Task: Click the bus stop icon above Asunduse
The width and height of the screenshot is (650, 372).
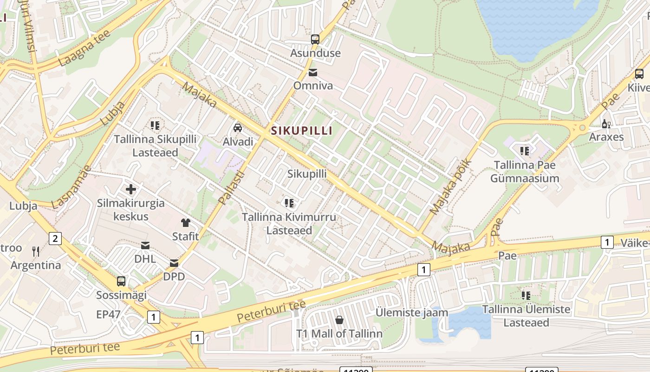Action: [315, 39]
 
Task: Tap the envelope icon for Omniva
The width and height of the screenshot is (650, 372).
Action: [313, 72]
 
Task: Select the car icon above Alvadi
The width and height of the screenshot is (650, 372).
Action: [238, 127]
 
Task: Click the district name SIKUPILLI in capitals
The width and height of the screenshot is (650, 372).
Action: [302, 131]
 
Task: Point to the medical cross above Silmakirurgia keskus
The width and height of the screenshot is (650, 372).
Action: [131, 189]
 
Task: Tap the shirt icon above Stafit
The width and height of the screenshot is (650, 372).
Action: [186, 223]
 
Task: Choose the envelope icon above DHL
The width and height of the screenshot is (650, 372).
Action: [145, 245]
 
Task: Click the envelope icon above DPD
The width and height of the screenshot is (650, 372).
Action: [174, 263]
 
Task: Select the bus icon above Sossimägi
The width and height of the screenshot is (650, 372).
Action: [121, 281]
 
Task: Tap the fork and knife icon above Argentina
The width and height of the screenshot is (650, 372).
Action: [36, 252]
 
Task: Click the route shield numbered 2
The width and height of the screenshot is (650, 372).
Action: [55, 239]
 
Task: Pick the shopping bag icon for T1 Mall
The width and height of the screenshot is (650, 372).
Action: [339, 320]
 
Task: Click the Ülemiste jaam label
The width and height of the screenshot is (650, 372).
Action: [411, 312]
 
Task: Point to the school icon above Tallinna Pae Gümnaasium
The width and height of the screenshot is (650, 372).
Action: [525, 151]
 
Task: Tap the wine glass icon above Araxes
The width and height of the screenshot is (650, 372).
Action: [606, 124]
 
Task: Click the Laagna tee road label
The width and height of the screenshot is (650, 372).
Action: [84, 48]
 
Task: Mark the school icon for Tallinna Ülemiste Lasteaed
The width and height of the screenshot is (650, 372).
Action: [526, 295]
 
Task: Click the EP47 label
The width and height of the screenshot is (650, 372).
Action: [108, 314]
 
